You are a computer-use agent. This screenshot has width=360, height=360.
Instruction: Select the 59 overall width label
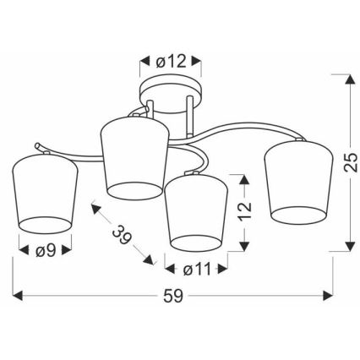point(172,298)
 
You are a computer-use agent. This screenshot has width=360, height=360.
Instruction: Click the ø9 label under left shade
point(46,250)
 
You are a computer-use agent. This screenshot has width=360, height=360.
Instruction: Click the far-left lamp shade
point(46,194)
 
